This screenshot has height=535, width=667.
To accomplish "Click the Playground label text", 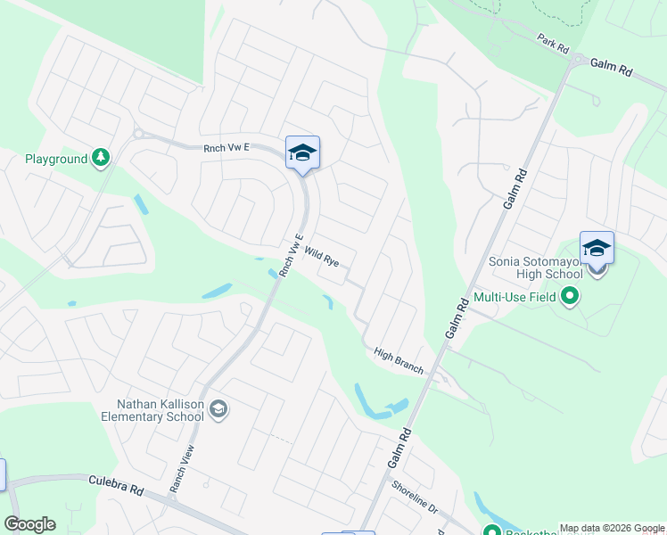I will tap(55, 159).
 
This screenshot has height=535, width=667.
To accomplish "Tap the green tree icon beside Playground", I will tap(101, 159).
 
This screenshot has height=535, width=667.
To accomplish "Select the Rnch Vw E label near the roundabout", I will tap(226, 148).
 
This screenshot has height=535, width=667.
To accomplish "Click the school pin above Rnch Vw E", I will tap(302, 153).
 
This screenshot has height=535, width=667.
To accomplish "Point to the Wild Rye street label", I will tap(321, 259).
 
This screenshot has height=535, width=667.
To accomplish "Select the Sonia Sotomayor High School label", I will tap(535, 267).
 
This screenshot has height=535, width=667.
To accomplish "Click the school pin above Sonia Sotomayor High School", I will tap(597, 249).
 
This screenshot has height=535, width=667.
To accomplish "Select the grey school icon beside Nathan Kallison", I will tap(219, 409).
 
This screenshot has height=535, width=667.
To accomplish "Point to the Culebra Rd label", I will tap(116, 485).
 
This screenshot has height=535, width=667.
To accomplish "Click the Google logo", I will tap(29, 524).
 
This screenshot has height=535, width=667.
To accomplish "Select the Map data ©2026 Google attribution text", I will tap(612, 528).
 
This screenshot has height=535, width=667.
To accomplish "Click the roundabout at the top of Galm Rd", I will tap(579, 61).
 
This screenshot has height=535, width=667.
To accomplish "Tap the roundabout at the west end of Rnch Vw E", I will tap(138, 134).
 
